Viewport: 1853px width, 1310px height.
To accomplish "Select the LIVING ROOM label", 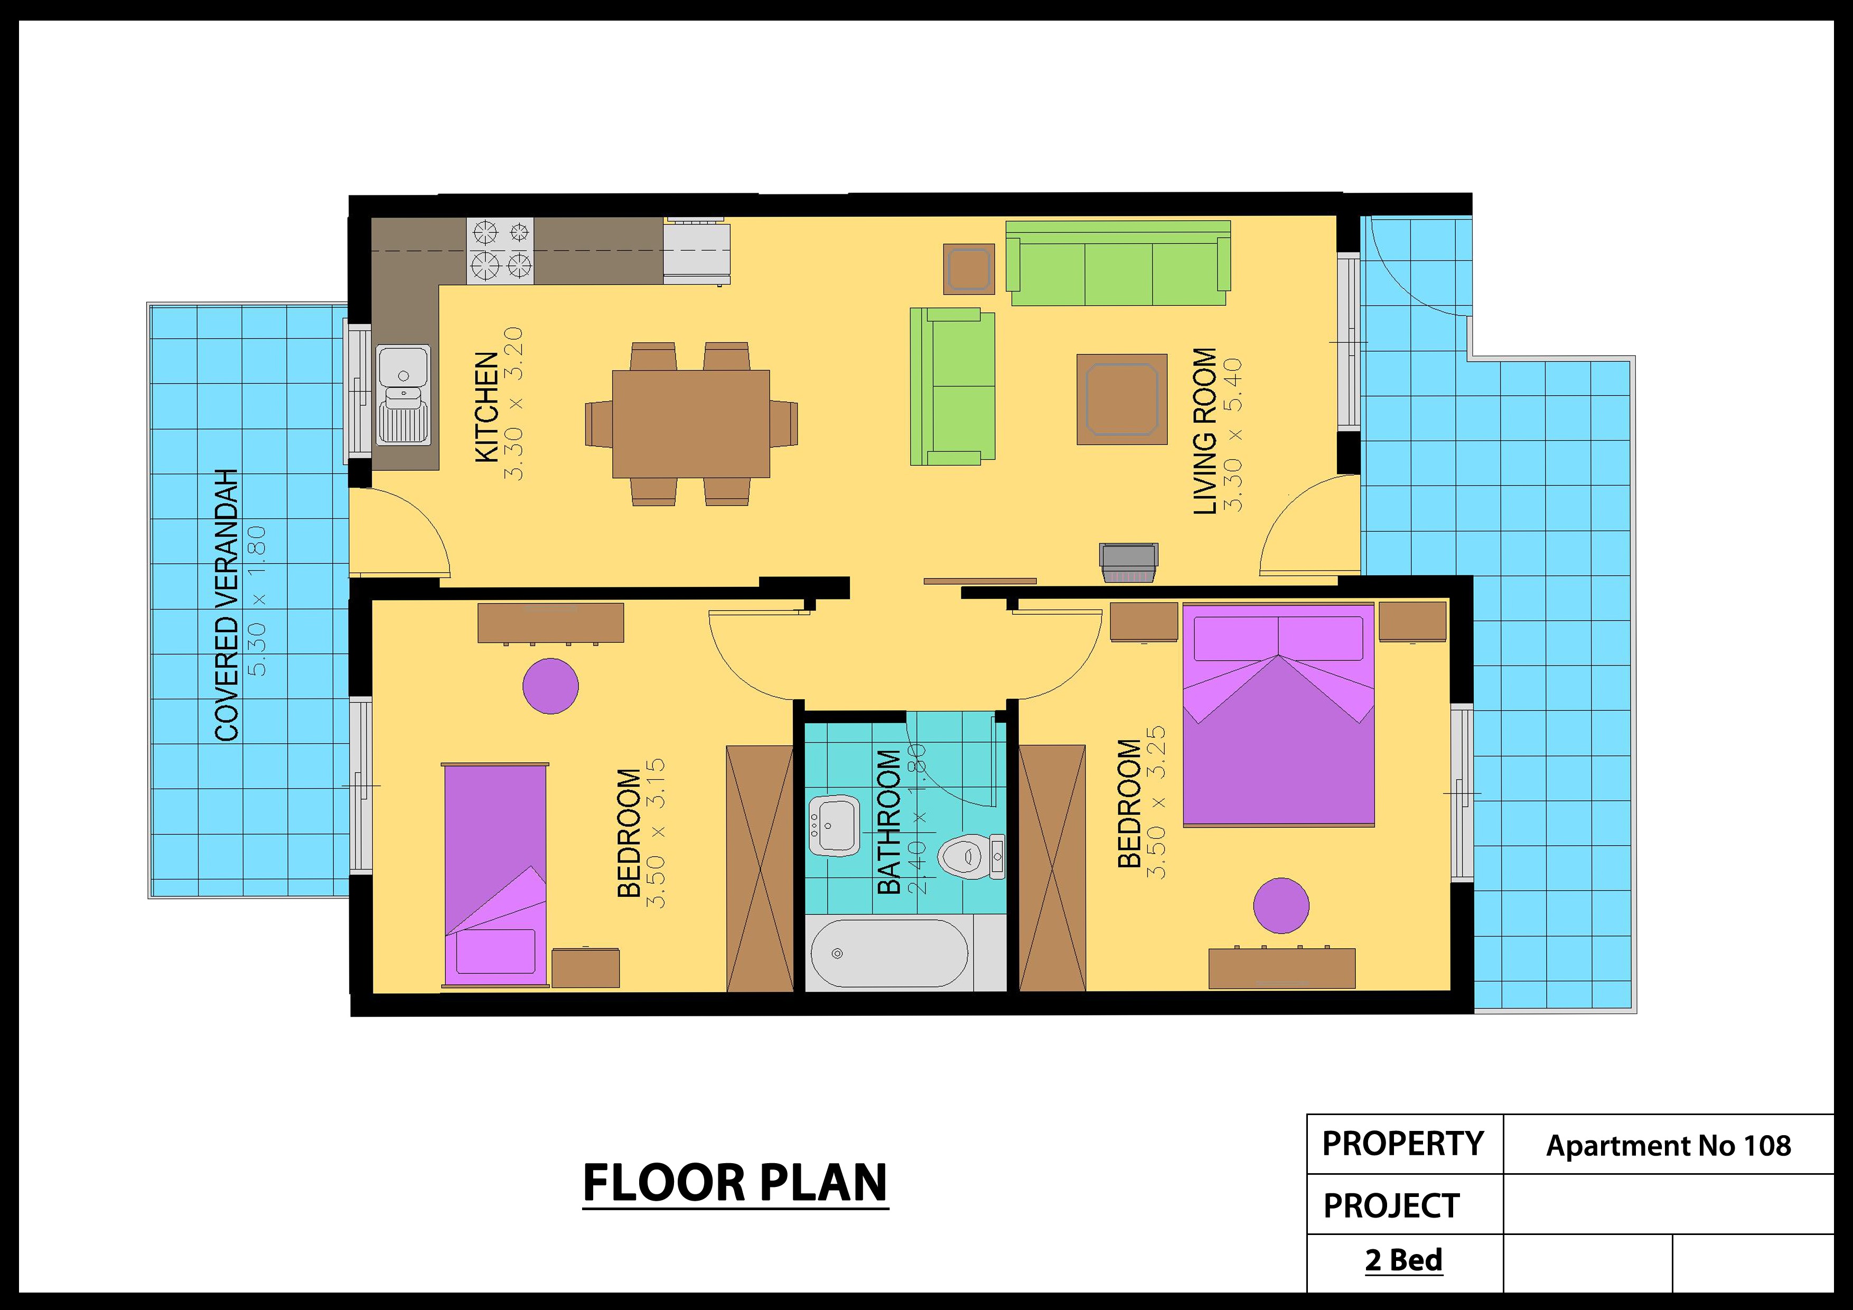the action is [x=1205, y=431].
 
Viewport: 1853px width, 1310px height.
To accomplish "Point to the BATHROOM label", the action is [x=888, y=822].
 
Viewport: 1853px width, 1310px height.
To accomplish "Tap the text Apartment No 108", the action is [x=1668, y=1145].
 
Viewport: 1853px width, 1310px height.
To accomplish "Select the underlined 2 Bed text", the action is [x=1403, y=1260].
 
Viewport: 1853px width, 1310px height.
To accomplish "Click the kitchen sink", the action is [x=404, y=395].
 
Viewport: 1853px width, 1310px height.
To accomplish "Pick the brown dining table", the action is [x=691, y=424].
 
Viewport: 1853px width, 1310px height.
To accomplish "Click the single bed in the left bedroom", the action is [x=495, y=874].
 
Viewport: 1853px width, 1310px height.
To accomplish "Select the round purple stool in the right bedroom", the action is [x=1281, y=905].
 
